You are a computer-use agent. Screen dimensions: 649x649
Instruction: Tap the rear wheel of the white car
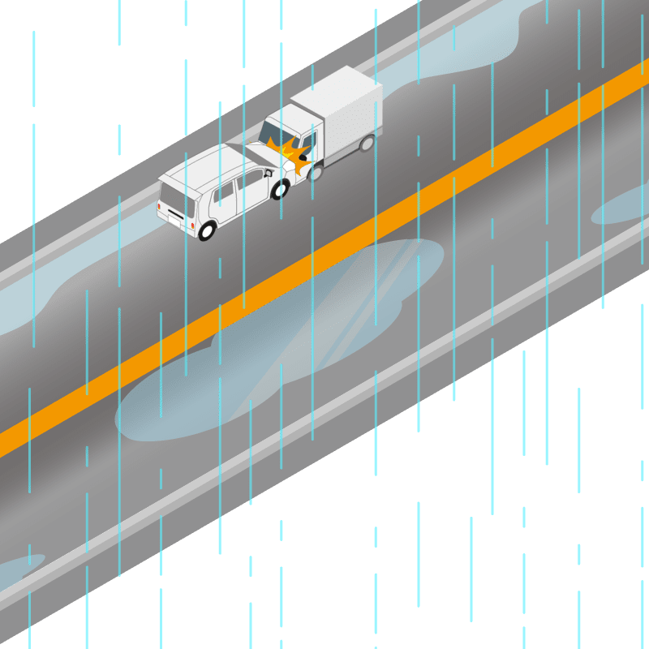tap(206, 231)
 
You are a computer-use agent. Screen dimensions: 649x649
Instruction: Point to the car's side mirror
tap(268, 173)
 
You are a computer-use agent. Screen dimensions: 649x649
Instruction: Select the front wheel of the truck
tap(316, 172)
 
